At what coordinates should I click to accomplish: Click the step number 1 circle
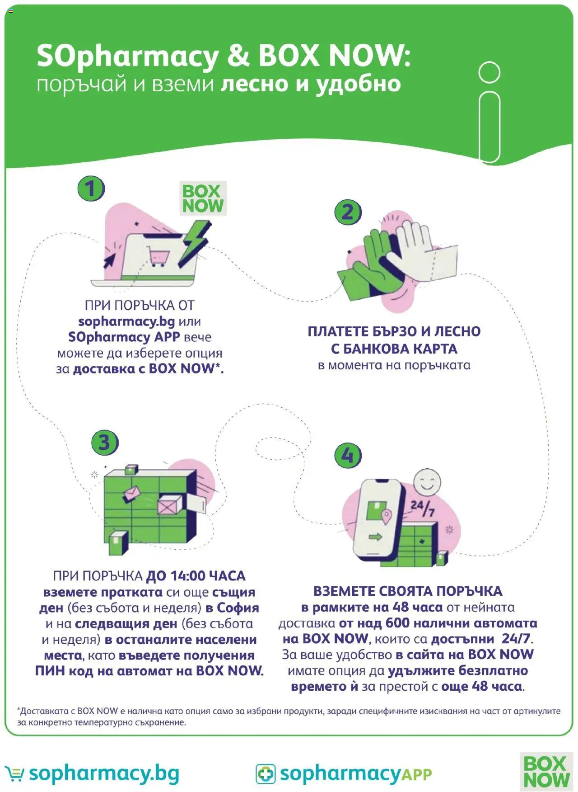click(x=91, y=189)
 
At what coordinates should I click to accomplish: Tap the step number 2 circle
click(x=348, y=212)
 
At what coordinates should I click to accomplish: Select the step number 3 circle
click(x=105, y=442)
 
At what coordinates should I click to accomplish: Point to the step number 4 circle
click(x=348, y=455)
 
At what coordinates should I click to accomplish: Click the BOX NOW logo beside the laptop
click(x=203, y=198)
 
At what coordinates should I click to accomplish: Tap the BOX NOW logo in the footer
click(x=546, y=772)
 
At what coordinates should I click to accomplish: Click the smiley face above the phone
click(x=427, y=481)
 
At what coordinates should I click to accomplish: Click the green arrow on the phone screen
click(x=375, y=537)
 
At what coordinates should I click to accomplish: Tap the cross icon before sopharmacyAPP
click(x=266, y=774)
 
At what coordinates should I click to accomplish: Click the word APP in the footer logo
click(x=416, y=775)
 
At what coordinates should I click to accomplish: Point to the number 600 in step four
click(x=397, y=623)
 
